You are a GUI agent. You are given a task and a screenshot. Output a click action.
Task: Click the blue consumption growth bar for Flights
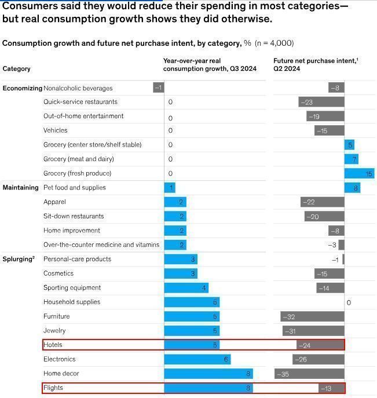[208, 388]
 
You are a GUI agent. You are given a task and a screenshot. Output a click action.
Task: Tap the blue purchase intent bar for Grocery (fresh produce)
[359, 173]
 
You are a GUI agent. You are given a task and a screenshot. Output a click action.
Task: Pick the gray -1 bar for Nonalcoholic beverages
[159, 87]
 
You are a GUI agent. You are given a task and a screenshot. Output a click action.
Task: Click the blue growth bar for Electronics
[197, 359]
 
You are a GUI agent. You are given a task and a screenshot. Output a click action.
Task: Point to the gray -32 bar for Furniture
[312, 316]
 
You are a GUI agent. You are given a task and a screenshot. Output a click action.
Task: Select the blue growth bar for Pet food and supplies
[169, 188]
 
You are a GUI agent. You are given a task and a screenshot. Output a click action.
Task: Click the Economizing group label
[22, 88]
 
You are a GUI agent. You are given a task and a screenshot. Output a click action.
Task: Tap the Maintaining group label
[21, 188]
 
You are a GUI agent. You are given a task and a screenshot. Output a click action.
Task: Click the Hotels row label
[53, 345]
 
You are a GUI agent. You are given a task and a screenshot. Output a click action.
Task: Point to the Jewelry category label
[54, 331]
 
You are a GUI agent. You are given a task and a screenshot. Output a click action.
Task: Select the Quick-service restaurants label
[80, 102]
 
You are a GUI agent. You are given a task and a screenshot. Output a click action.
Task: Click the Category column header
[17, 69]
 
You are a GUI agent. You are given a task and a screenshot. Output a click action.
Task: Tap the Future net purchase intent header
[316, 64]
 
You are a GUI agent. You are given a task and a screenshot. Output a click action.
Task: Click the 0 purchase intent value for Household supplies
[349, 302]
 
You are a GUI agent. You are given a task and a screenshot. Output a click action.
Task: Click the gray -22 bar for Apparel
[322, 202]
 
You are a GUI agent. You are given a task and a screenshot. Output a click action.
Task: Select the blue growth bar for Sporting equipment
[186, 288]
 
